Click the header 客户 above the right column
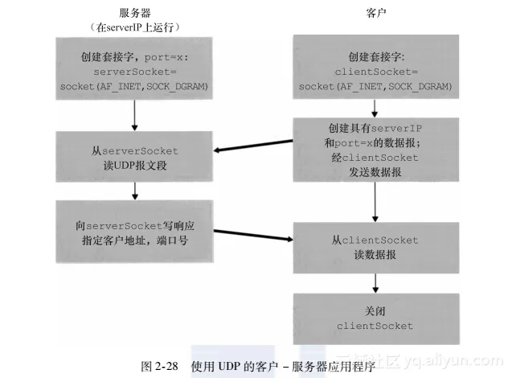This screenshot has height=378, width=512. pos(375,11)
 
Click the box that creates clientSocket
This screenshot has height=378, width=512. pos(375,72)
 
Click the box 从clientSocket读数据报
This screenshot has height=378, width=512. pos(375,245)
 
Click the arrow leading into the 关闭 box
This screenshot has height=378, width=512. pos(375,281)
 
